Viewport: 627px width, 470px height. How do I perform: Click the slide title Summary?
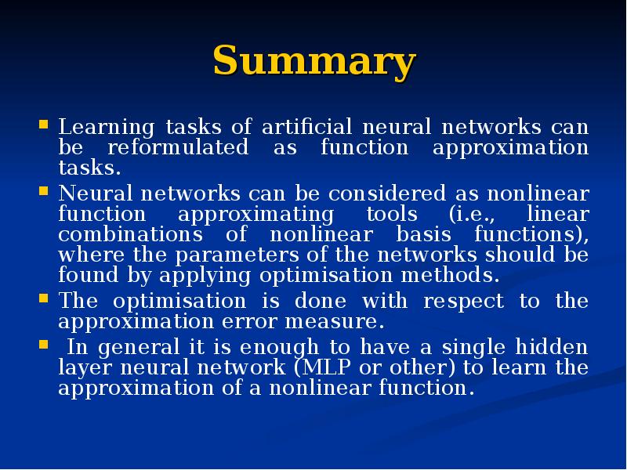314,60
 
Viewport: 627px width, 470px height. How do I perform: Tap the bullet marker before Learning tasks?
44,124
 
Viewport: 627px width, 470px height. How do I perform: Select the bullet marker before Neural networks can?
44,191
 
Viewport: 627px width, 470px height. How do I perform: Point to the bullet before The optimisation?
44,298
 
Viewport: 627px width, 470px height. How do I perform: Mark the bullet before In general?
44,345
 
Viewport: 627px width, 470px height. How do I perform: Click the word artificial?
306,127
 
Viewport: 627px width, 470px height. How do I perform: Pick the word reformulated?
178,146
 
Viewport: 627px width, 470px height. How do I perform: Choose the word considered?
387,193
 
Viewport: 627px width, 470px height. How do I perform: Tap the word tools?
393,214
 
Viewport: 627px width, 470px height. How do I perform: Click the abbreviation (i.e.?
472,214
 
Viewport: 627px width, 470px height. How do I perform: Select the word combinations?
130,234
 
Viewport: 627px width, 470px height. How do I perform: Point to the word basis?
424,234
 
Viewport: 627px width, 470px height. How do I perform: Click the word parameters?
237,256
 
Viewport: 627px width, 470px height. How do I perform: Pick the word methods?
450,275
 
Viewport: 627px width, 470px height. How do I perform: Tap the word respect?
463,302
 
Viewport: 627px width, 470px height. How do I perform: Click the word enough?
279,348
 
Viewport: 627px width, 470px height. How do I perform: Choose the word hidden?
552,347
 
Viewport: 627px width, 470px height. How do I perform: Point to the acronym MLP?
326,367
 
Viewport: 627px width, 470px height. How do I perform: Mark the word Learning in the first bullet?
107,128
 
